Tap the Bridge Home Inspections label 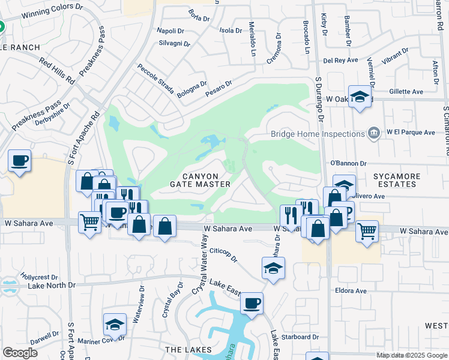317,134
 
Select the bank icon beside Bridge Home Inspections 374,133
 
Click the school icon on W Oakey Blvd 360,96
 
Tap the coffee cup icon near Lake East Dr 252,303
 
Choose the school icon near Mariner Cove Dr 115,325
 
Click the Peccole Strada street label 155,80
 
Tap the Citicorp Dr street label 223,253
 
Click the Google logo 20,353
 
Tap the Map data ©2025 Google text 412,355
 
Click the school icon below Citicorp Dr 273,268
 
